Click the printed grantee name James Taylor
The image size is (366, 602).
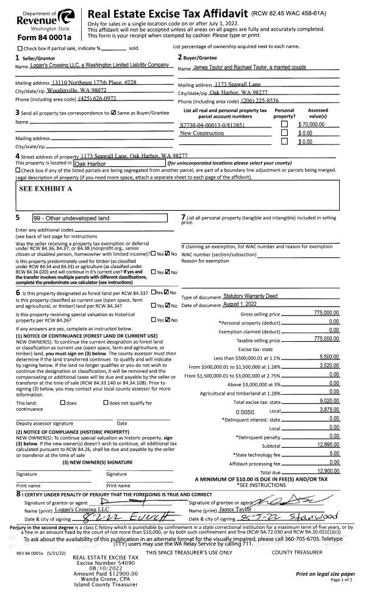(x=235, y=492)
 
